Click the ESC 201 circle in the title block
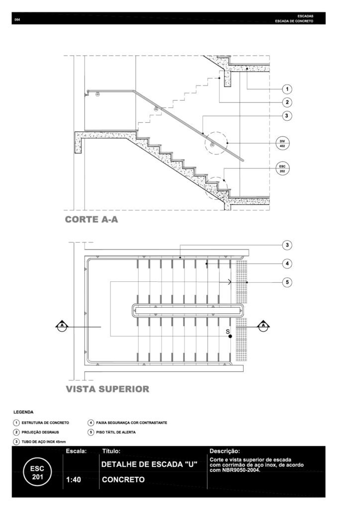[x=37, y=472]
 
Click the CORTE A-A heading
[x=91, y=219]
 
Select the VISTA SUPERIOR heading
[x=107, y=389]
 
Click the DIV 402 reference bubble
[x=282, y=144]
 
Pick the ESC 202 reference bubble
[x=282, y=168]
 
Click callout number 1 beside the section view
[x=286, y=89]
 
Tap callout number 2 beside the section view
[x=286, y=102]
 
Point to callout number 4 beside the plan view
[x=286, y=263]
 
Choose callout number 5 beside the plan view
[x=286, y=282]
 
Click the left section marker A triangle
[x=62, y=326]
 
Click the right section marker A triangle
[x=264, y=326]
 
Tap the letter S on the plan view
[x=227, y=331]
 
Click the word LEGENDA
[x=23, y=412]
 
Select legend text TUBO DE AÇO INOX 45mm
[x=44, y=441]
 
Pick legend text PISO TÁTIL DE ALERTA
[x=116, y=432]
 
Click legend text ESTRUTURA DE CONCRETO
[x=45, y=423]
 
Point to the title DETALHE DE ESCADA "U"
[x=149, y=464]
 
